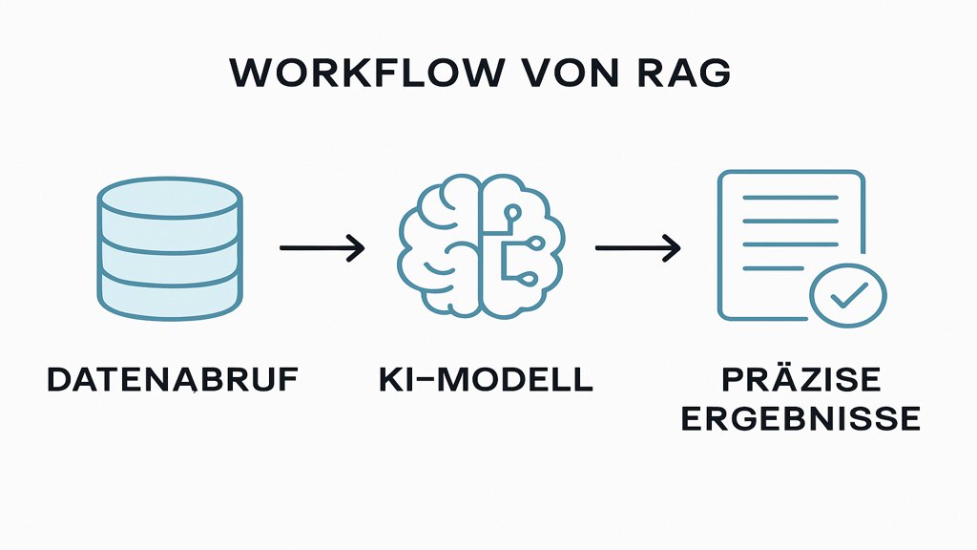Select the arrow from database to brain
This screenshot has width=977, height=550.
322,248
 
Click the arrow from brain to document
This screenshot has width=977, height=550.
637,248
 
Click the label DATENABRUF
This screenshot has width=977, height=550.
173,379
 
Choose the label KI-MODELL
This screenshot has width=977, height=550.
484,379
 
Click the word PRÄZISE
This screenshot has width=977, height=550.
801,379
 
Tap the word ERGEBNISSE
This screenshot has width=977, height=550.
801,418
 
